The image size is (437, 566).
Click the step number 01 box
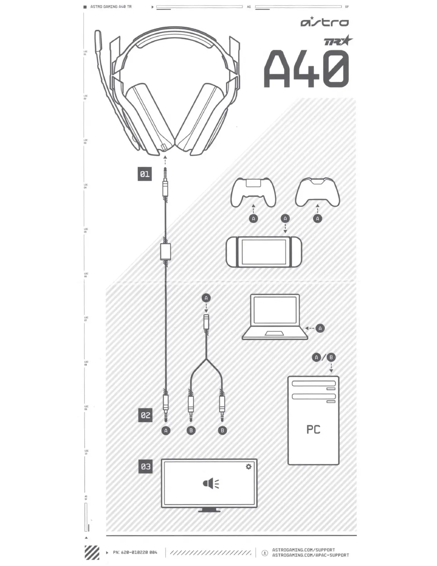tap(145, 174)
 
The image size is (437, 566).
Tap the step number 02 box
tap(145, 415)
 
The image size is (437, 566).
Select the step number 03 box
tap(146, 466)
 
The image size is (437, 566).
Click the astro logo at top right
tap(325, 22)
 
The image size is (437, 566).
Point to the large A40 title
tap(306, 69)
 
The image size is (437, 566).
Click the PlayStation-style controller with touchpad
tap(253, 192)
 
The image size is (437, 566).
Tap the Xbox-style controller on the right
tap(317, 192)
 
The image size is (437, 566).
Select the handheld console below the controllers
tap(264, 252)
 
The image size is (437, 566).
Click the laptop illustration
tap(275, 317)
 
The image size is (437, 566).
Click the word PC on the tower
tap(313, 430)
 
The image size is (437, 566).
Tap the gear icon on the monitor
tap(248, 467)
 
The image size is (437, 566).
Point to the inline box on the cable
tap(166, 252)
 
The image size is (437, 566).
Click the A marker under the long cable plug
tap(166, 431)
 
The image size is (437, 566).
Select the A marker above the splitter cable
tap(206, 298)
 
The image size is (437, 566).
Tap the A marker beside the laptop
tap(320, 328)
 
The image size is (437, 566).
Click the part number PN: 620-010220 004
tap(135, 552)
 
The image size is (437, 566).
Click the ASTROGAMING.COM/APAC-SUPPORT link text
tap(311, 555)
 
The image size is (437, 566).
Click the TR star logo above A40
tap(338, 41)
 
